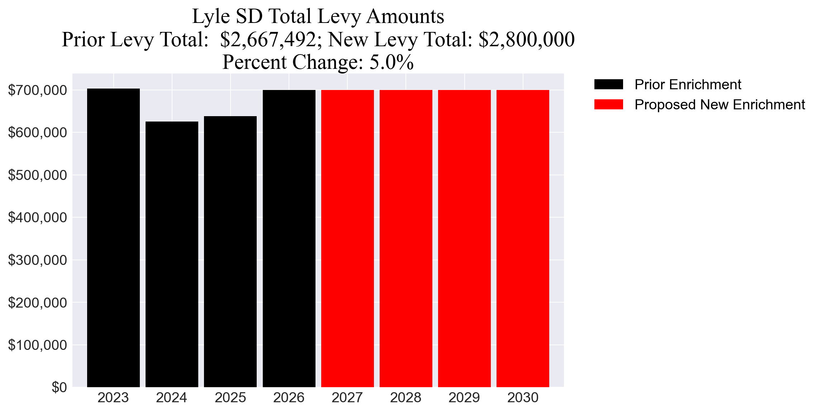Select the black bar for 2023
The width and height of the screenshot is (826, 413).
tap(113, 238)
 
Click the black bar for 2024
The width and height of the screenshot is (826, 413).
tap(172, 254)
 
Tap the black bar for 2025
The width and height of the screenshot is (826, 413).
tap(230, 251)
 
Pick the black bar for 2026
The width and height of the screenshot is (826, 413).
tap(289, 238)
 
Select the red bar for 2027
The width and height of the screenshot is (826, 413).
tap(347, 238)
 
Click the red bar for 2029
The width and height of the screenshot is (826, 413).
tap(464, 238)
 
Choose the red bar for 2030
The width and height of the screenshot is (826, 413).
tap(523, 238)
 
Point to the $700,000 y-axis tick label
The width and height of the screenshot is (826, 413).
tap(37, 90)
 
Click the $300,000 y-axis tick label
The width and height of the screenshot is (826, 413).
tap(37, 260)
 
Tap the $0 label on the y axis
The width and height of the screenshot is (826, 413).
tap(59, 388)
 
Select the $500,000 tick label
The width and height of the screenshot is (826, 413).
tap(37, 175)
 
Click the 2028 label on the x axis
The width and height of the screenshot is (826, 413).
tap(405, 398)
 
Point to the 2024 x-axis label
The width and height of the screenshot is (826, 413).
tap(171, 398)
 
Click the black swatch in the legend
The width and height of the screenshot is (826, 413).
tap(608, 85)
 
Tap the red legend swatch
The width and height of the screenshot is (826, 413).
tap(608, 105)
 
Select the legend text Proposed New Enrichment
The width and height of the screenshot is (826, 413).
tap(720, 105)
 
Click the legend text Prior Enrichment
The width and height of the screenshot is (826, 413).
tap(688, 85)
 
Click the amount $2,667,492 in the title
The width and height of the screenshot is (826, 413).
tap(268, 39)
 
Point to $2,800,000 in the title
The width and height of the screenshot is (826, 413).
tap(527, 39)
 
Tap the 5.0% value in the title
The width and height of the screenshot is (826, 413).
tap(391, 62)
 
